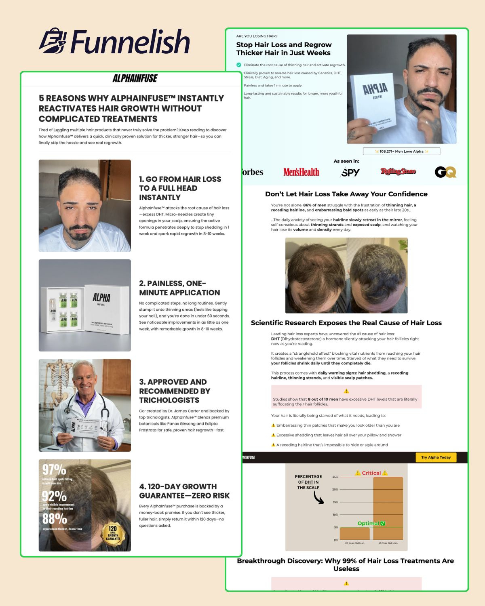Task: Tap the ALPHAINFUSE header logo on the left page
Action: (135, 78)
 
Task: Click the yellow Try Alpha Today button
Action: (436, 457)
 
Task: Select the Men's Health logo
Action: (301, 172)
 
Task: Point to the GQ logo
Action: (445, 172)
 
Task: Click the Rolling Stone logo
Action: (398, 172)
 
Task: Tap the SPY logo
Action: (350, 173)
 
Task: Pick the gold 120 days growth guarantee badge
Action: (113, 533)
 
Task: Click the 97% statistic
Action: (54, 469)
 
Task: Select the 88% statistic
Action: (55, 518)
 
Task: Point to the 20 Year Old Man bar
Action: (354, 534)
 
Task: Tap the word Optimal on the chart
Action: (368, 523)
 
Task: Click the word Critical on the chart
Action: (371, 473)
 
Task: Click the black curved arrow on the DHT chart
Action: (318, 497)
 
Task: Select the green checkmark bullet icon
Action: (239, 65)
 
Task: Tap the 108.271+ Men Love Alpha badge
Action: (401, 151)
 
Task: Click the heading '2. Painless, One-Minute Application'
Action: (179, 288)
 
